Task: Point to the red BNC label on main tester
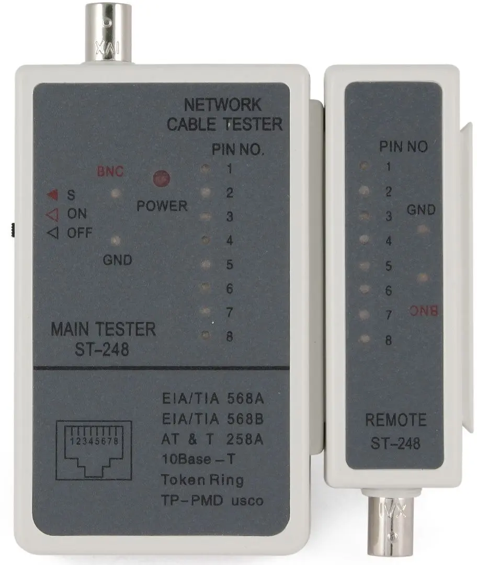pyautogui.click(x=109, y=171)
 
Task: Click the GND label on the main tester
pyautogui.click(x=117, y=259)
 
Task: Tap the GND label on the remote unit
pyautogui.click(x=421, y=210)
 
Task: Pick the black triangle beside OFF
pyautogui.click(x=52, y=233)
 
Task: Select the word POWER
pyautogui.click(x=162, y=206)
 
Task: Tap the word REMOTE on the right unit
pyautogui.click(x=395, y=420)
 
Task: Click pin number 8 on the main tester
pyautogui.click(x=229, y=336)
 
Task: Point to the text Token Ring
pyautogui.click(x=202, y=480)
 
